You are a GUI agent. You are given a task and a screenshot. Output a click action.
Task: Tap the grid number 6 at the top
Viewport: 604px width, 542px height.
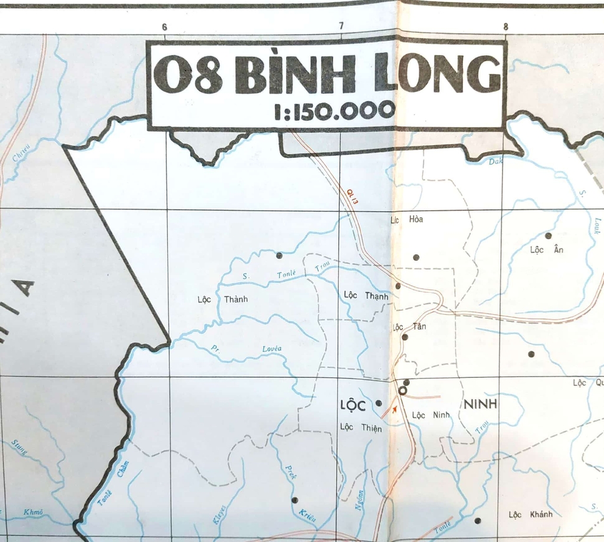[164, 27]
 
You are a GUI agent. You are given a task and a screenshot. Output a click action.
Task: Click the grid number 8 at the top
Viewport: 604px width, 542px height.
[505, 27]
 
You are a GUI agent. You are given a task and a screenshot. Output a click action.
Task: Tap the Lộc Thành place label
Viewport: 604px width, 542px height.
[222, 299]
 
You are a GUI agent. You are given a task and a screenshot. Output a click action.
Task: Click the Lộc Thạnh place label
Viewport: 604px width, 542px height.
[366, 295]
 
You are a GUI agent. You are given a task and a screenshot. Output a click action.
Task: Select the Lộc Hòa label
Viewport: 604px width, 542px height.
[407, 220]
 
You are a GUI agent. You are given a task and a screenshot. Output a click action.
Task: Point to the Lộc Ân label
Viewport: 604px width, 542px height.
[547, 250]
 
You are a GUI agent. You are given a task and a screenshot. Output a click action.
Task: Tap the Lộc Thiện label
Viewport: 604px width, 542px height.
[360, 427]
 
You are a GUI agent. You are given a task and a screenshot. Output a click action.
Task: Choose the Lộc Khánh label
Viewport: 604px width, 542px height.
[531, 514]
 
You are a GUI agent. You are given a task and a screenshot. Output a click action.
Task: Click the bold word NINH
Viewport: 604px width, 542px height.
[481, 404]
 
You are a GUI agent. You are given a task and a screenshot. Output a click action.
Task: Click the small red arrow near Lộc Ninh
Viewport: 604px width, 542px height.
[394, 409]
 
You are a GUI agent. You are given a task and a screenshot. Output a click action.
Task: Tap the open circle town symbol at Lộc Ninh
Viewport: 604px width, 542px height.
[403, 390]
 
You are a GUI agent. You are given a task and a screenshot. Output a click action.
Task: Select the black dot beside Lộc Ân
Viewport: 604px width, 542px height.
[548, 236]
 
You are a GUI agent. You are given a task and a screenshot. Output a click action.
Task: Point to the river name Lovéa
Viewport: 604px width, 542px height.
[271, 349]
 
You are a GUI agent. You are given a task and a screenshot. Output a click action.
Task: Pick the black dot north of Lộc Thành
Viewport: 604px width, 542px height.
[279, 256]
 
